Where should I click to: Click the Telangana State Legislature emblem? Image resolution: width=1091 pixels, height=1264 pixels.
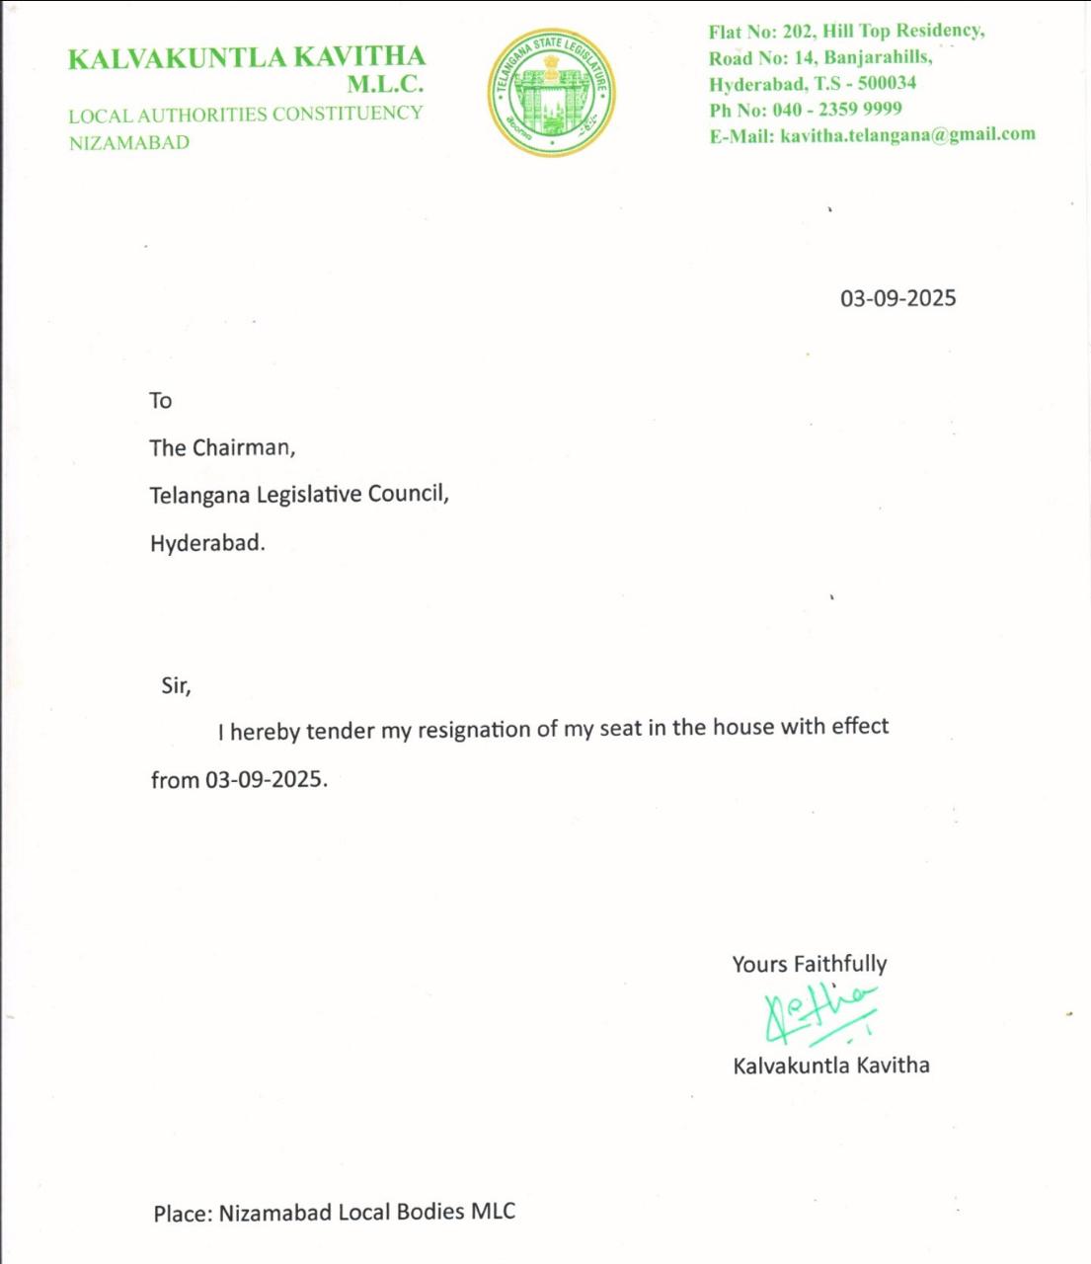click(552, 92)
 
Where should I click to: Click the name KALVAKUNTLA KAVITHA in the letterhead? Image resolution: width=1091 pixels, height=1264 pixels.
click(247, 57)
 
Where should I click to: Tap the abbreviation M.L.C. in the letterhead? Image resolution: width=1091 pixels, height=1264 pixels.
click(385, 85)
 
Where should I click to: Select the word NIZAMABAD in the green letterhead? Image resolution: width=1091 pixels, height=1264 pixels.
click(129, 143)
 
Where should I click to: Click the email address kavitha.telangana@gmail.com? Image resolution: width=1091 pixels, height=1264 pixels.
click(907, 134)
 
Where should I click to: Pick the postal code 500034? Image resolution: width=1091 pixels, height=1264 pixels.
click(887, 83)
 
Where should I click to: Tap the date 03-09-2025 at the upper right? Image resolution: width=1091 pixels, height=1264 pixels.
click(897, 298)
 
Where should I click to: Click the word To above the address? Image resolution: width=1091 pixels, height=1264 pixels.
click(161, 400)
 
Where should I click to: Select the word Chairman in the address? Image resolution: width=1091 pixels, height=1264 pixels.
click(243, 447)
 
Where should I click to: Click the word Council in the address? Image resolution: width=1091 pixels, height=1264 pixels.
click(408, 494)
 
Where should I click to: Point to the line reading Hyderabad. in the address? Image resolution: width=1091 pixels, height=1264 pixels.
click(207, 542)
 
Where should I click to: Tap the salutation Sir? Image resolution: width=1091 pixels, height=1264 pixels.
click(176, 685)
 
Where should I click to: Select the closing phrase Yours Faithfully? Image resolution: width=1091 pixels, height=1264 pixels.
click(809, 964)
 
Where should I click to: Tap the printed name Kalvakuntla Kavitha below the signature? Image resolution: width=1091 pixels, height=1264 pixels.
click(830, 1066)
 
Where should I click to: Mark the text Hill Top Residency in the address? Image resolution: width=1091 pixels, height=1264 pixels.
click(901, 32)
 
